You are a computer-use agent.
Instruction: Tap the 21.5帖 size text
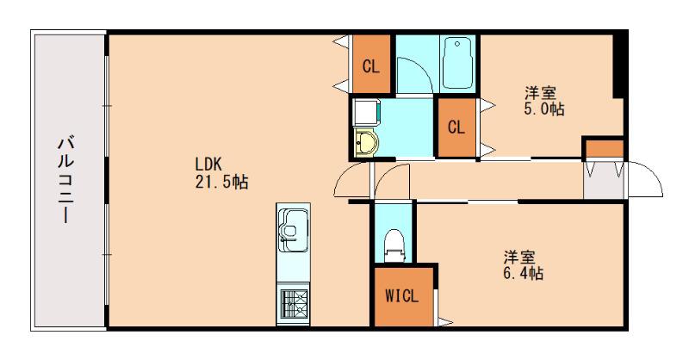[x=222, y=181]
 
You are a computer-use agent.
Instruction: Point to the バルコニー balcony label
[x=66, y=180]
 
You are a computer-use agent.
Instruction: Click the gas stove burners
[x=294, y=303]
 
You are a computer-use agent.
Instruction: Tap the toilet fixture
[x=394, y=245]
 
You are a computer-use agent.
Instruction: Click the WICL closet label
[x=402, y=295]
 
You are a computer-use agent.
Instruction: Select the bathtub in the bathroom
[x=457, y=63]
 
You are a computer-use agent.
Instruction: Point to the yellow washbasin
[x=365, y=142]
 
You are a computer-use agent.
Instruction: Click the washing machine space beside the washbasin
[x=365, y=113]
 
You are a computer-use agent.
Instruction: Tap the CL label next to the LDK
[x=371, y=67]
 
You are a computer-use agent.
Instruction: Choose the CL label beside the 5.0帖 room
[x=456, y=127]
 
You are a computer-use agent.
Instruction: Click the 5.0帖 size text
[x=544, y=109]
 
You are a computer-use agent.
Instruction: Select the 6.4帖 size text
[x=524, y=273]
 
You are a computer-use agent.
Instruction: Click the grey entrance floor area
[x=604, y=180]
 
